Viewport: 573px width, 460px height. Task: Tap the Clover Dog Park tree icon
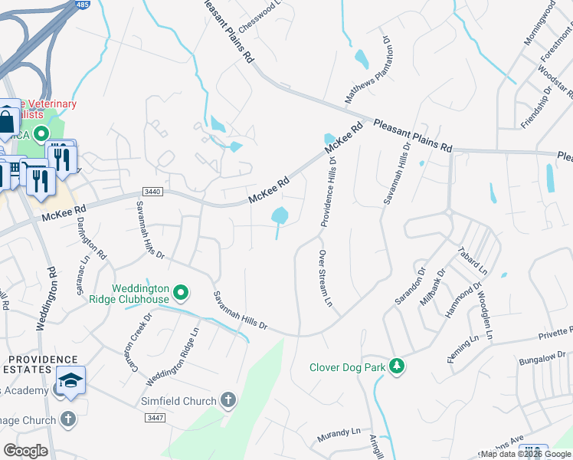pos(397,366)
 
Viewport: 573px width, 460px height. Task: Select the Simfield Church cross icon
pos(228,399)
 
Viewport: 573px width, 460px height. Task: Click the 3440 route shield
pos(150,192)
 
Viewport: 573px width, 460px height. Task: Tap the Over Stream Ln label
pos(326,278)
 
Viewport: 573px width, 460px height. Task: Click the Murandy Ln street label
pos(339,437)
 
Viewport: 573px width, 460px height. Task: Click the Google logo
pos(25,451)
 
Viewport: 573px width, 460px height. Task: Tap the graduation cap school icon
pos(70,381)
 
